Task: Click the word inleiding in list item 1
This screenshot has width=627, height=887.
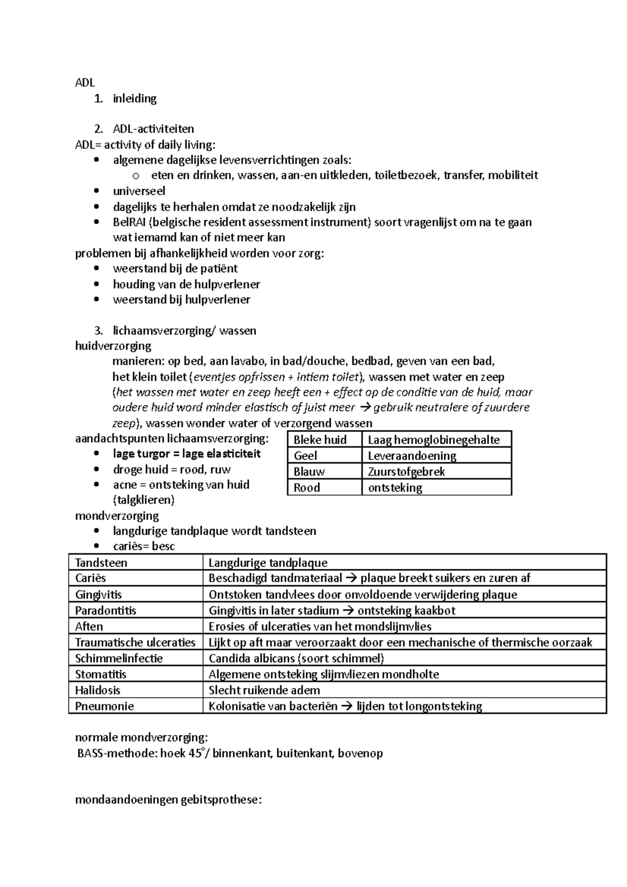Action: click(x=134, y=99)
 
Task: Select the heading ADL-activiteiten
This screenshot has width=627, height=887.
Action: click(x=153, y=129)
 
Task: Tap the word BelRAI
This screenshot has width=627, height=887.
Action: click(x=130, y=223)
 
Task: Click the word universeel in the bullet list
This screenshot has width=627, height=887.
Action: click(x=139, y=191)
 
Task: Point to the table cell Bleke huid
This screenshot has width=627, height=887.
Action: click(x=320, y=440)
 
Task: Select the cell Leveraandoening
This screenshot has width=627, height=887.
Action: click(x=412, y=456)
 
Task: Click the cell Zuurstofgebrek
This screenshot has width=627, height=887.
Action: click(x=406, y=472)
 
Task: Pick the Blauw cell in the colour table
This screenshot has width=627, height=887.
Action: click(x=309, y=472)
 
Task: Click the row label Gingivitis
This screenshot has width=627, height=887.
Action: click(x=98, y=595)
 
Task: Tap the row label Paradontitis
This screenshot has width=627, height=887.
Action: click(x=106, y=611)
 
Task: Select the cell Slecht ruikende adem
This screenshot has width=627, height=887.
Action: click(x=264, y=691)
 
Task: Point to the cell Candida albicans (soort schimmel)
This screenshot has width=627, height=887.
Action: click(x=296, y=659)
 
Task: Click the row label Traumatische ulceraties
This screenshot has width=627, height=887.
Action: click(x=135, y=643)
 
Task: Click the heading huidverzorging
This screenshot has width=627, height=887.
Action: click(x=113, y=346)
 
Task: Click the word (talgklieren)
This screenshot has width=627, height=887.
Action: click(x=144, y=500)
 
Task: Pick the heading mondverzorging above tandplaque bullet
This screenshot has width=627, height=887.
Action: click(x=117, y=516)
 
